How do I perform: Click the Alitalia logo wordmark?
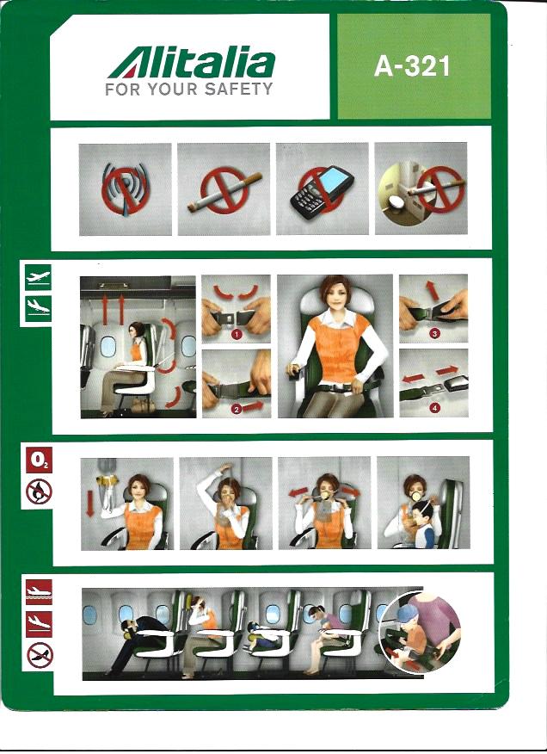coord(191,63)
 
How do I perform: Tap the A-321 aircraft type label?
coord(413,66)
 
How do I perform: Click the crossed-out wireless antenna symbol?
coord(125,188)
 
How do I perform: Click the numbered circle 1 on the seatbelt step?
coord(236,334)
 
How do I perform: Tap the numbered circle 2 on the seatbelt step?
coord(236,409)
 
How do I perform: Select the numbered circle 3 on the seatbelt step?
coord(434,333)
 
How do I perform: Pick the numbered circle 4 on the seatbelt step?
coord(435,408)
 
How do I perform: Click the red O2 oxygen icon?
coord(39,460)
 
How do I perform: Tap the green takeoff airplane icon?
coord(38,277)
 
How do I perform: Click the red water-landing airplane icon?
coord(39,592)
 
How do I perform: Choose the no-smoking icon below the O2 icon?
coord(39,491)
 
